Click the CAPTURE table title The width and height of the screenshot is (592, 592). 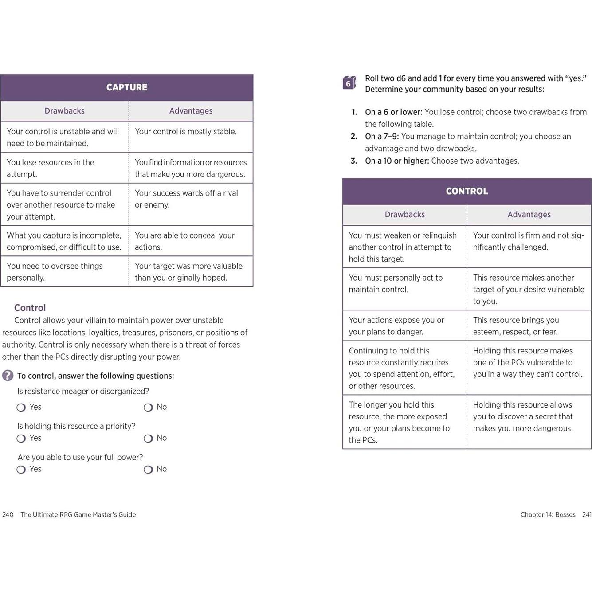point(127,87)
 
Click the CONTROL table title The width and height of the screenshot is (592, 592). point(467,191)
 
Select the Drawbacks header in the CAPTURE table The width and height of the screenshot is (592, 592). point(64,111)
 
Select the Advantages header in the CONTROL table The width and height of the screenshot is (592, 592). point(529,215)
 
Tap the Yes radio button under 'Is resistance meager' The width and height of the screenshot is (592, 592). point(21,408)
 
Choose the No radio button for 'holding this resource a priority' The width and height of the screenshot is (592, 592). point(148,439)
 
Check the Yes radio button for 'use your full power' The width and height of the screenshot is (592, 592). point(21,470)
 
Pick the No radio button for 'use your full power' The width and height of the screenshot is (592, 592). point(148,470)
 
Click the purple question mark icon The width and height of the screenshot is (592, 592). point(8,376)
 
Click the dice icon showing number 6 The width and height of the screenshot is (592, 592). point(349,82)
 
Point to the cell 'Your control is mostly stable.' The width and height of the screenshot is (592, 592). point(186,132)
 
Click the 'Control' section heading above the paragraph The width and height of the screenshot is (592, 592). point(30,308)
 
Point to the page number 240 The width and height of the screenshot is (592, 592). point(8,514)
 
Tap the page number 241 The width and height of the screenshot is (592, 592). point(587,514)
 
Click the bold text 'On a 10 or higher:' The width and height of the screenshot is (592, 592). point(397,161)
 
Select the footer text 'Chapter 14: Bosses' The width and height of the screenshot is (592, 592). point(548,514)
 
